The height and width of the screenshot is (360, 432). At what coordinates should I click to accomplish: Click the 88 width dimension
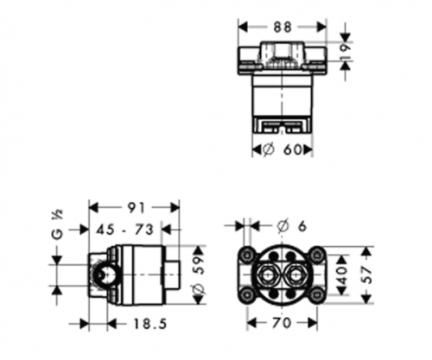point(283,27)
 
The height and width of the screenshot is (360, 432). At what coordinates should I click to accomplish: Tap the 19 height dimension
point(346,51)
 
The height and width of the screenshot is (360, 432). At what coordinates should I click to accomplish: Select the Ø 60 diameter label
point(283,149)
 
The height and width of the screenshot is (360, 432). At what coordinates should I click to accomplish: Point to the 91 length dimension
point(136,208)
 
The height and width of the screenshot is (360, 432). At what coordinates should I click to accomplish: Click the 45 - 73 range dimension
point(124,230)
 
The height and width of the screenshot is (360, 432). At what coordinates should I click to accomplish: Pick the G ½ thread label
point(58,224)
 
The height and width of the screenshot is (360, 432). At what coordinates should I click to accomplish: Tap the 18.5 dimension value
point(149,325)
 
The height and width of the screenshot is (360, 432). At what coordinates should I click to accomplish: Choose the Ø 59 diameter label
point(199,275)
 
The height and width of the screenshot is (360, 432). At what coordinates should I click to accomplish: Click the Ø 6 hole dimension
point(291,226)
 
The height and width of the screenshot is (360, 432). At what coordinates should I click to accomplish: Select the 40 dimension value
point(342,275)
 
